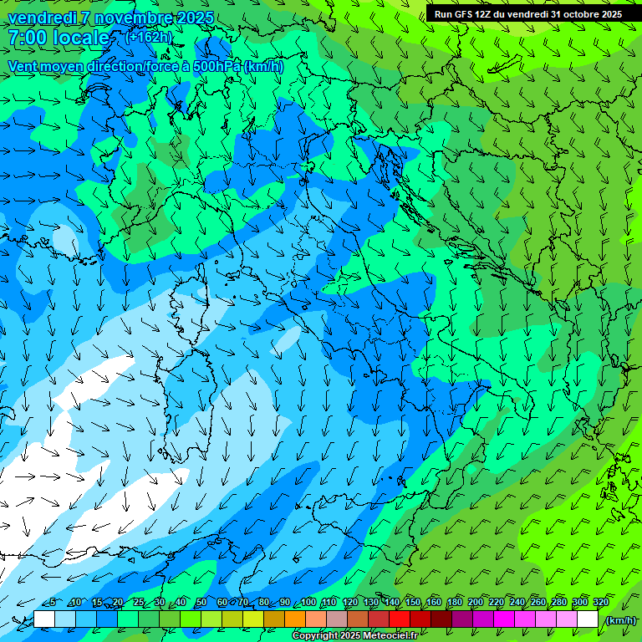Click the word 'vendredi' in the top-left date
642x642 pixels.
coord(39,18)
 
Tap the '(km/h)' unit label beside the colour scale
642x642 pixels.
coord(619,620)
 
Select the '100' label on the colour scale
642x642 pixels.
coord(308,603)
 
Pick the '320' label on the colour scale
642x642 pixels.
coord(600,603)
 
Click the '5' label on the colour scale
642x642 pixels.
coord(53,603)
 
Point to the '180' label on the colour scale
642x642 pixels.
coord(454,603)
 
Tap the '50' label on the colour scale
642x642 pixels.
coord(201,603)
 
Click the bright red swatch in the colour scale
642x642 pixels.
coord(400,619)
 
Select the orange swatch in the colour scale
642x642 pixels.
coord(295,619)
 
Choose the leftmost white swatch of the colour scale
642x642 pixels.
coord(44,619)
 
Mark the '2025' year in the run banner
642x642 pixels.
coord(609,14)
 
